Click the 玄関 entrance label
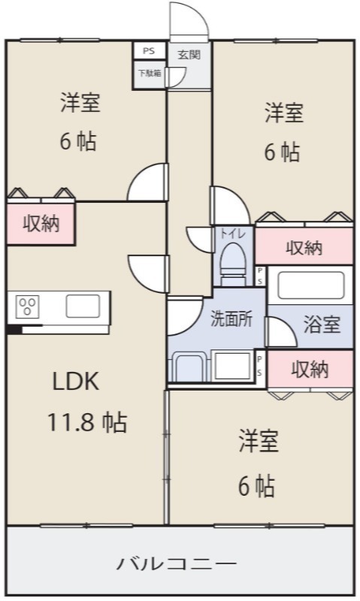pos(189,54)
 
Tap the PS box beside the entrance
pos(149,50)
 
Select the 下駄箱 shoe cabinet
pos(149,74)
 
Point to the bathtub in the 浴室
pos(310,285)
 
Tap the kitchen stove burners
pos(27,307)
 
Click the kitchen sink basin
pos(83,307)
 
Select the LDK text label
pos(75,381)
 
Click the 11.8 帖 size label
pos(86,422)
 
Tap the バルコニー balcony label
pos(177,563)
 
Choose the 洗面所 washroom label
pos(231,318)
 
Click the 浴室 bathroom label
pos(322,324)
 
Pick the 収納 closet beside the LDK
pos(41,223)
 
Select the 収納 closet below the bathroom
pos(310,370)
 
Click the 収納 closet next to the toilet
pos(304,246)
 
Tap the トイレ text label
pos(233,234)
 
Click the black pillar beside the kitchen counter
pos(14,329)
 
